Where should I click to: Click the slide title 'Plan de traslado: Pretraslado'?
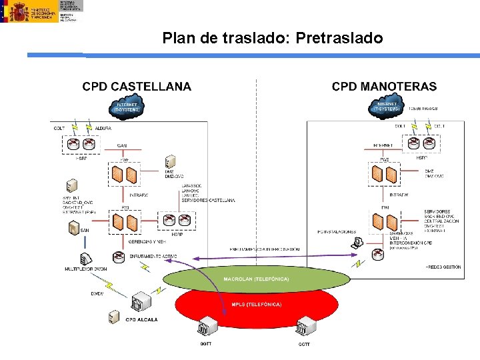click(x=273, y=39)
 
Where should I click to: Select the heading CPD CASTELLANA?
click(x=137, y=87)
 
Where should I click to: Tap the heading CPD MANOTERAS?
click(x=385, y=87)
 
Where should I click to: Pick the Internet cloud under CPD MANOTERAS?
click(x=388, y=107)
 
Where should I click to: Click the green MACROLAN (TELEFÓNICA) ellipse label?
click(x=256, y=279)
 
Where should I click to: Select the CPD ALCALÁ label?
click(x=142, y=320)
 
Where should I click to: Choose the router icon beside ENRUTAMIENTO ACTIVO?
click(x=118, y=255)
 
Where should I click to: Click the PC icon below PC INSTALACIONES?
click(x=358, y=243)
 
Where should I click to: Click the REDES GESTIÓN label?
click(x=443, y=267)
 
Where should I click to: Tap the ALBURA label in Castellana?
click(x=103, y=127)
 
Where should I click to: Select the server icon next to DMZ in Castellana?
click(x=171, y=163)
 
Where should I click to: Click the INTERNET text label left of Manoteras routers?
click(x=383, y=145)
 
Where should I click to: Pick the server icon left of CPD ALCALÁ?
click(x=115, y=317)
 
